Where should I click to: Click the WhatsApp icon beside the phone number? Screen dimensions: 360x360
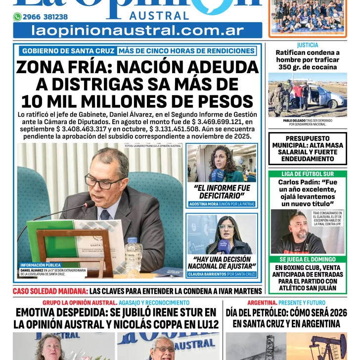[x=17, y=17]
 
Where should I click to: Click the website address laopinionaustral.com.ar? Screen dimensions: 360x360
[x=137, y=31]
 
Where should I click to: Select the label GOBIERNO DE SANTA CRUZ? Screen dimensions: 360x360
[x=68, y=51]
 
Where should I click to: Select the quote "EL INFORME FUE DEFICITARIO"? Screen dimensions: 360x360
[x=222, y=191]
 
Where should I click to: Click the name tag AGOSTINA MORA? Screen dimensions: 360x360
[x=205, y=204]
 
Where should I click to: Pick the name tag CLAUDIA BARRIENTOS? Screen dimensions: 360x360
[x=207, y=274]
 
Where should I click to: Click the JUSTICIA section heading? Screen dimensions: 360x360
[x=308, y=45]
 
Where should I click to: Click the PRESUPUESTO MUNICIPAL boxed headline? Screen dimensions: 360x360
[x=307, y=149]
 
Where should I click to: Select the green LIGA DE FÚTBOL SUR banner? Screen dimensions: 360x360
[x=307, y=174]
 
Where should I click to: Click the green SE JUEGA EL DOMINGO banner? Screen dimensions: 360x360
[x=307, y=259]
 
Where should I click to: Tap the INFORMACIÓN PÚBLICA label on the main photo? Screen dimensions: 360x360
[x=41, y=265]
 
